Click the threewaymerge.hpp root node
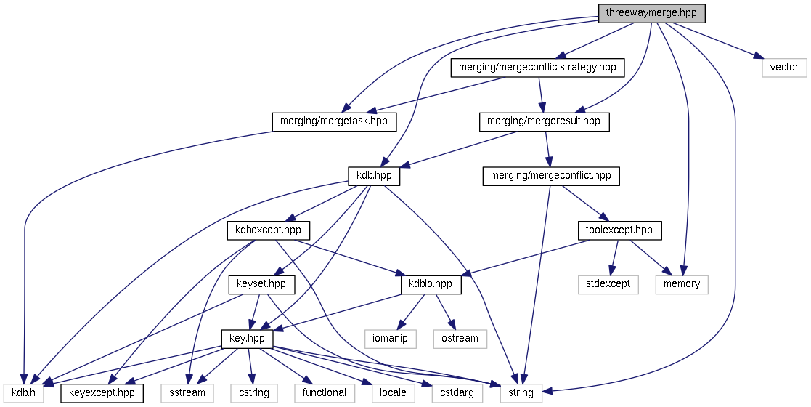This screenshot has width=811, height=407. (651, 13)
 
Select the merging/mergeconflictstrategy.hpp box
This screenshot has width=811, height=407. (537, 68)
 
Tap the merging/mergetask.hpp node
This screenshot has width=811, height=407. (334, 121)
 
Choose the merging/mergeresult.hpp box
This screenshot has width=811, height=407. (544, 121)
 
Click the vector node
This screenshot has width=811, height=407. (784, 68)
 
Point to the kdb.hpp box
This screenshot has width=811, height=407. (374, 176)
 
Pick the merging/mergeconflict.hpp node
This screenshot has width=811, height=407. (550, 176)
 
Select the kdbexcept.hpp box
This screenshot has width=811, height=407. (269, 230)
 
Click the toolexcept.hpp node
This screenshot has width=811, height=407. (619, 230)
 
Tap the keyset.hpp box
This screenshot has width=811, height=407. (261, 284)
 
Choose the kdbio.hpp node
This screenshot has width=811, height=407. (431, 284)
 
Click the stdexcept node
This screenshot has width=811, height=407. (608, 284)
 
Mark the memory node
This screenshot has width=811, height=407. (682, 284)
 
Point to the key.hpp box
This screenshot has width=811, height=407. (247, 338)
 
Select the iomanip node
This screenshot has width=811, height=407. (391, 338)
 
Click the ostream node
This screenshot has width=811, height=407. (460, 338)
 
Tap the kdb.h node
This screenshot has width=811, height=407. (22, 392)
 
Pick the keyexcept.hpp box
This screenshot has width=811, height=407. (102, 392)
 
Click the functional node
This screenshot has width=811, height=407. (325, 392)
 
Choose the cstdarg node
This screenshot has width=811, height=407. (457, 392)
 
